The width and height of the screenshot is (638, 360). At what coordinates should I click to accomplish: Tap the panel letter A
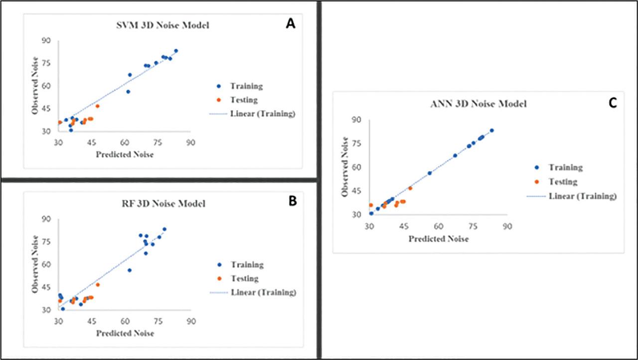click(x=290, y=24)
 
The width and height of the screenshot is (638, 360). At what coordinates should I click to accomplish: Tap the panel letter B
click(x=293, y=201)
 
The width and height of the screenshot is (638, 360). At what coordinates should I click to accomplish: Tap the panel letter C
click(x=613, y=103)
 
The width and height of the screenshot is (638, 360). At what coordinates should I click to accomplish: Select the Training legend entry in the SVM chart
click(x=246, y=86)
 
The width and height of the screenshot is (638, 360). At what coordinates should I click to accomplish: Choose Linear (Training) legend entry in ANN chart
click(x=582, y=196)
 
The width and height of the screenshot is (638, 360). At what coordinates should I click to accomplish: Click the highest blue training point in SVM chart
click(x=176, y=51)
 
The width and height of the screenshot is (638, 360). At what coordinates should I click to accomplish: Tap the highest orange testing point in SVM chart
click(x=98, y=106)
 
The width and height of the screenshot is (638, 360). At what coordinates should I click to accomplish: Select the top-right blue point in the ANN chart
click(x=491, y=131)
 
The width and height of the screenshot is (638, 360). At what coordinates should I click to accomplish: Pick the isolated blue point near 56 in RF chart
click(x=130, y=270)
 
